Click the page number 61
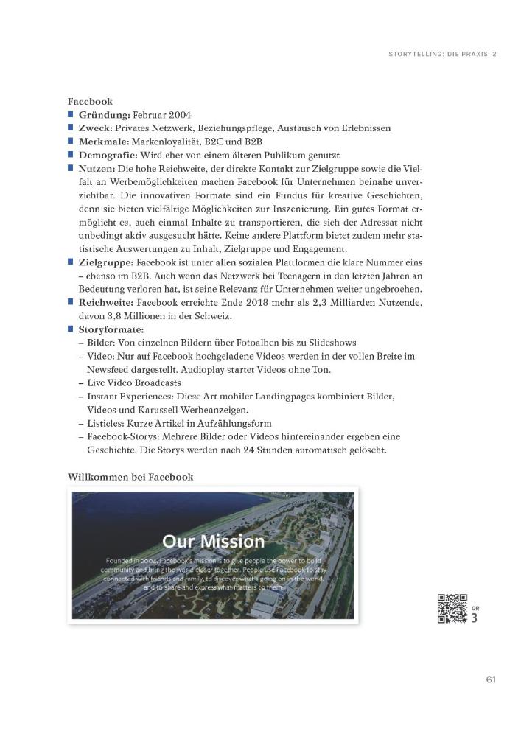point(491,678)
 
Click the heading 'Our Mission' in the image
point(213,541)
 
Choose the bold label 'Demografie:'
point(109,155)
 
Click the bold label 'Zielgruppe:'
point(107,262)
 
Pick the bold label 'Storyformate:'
point(111,329)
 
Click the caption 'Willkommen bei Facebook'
point(130,477)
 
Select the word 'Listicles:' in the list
point(107,423)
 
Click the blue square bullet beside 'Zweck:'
point(71,128)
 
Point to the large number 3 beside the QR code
point(475,618)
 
